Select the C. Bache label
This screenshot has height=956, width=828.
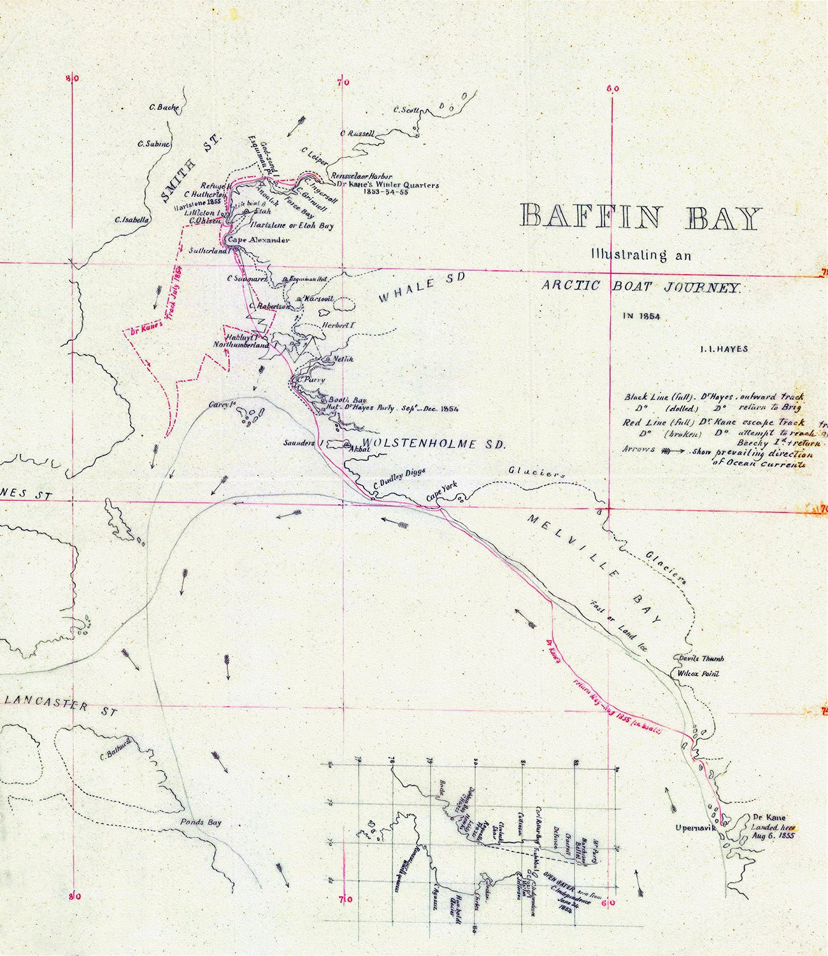click(164, 108)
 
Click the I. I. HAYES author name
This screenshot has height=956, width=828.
click(723, 349)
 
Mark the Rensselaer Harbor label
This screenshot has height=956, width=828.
click(360, 176)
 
